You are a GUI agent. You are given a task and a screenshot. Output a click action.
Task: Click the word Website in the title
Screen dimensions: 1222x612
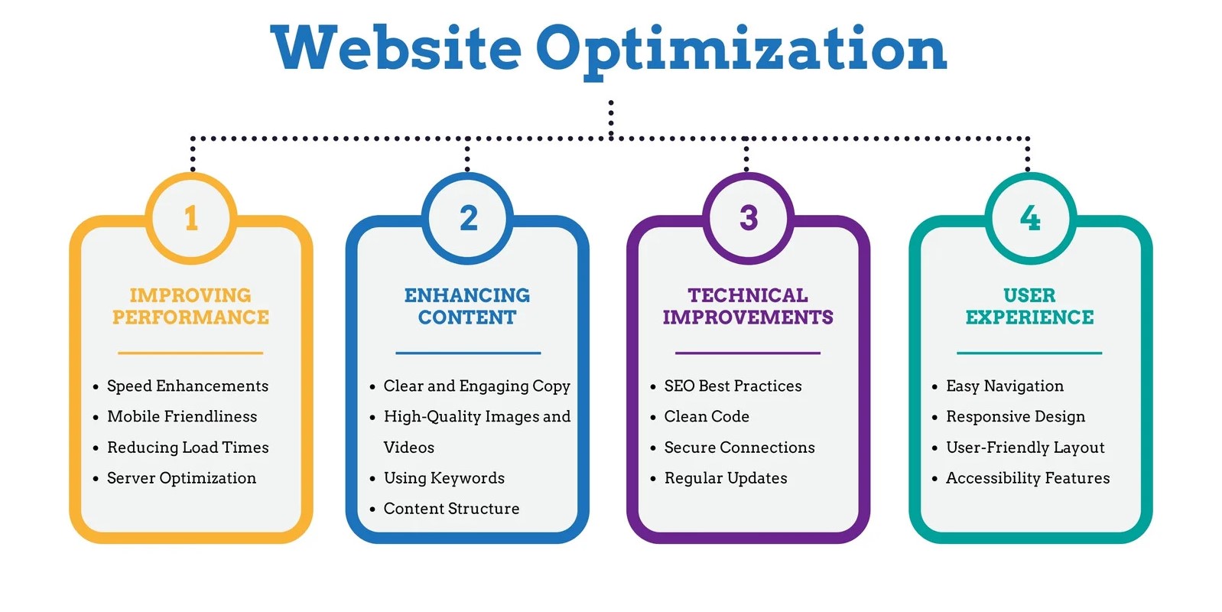pos(396,48)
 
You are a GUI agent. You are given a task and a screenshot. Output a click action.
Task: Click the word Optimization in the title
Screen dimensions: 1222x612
pos(742,53)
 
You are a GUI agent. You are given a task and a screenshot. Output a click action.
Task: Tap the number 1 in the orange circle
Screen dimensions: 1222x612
pos(191,218)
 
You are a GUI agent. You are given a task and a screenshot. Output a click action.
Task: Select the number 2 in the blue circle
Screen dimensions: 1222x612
pos(469,218)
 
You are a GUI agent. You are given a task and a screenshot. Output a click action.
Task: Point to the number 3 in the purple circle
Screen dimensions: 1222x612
pos(749,218)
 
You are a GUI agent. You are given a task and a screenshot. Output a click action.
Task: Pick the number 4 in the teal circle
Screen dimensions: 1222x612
pos(1030,218)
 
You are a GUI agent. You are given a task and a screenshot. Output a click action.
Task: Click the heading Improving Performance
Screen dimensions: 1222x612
pos(190,306)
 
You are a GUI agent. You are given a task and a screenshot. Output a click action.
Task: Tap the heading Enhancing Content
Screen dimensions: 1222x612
pos(467,306)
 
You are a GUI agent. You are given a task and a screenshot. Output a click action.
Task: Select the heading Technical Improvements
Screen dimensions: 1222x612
pos(748,306)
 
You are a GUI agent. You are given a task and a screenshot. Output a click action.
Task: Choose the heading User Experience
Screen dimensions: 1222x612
pos(1030,306)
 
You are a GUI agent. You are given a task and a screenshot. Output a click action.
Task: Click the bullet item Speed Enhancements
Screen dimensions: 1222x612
pos(187,386)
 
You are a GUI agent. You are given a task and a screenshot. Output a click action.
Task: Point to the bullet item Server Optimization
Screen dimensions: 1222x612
pos(182,478)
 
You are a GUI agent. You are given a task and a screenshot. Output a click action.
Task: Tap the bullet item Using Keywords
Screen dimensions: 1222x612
pos(444,478)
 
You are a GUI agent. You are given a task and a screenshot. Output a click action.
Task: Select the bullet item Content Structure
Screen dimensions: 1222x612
pos(452,509)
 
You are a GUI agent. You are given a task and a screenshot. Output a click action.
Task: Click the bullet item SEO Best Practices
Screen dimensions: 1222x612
pos(733,386)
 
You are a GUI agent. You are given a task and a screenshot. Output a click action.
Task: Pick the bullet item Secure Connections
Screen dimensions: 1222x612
pos(739,448)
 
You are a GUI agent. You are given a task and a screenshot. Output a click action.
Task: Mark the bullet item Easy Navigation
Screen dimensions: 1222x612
pos(1005,386)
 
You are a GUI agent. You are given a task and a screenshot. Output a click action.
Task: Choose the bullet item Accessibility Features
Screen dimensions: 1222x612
pos(1028,478)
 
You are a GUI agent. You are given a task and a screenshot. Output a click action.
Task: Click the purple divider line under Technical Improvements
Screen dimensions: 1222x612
pos(747,353)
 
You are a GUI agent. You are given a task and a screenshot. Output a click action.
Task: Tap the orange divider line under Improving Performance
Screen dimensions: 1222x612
pos(190,353)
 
